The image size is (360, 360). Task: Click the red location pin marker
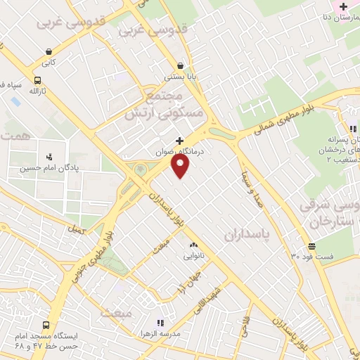tap(181, 166)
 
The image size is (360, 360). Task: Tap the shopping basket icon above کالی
tap(48, 51)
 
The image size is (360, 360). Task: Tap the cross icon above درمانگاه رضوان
tap(179, 141)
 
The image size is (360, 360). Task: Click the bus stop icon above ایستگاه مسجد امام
tap(46, 326)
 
